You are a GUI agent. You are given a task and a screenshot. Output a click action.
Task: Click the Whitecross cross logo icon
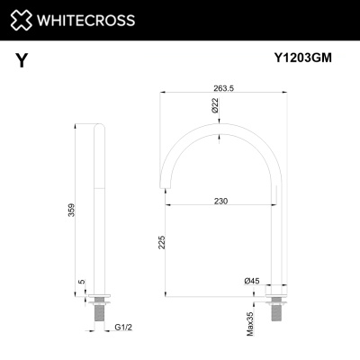click(x=27, y=19)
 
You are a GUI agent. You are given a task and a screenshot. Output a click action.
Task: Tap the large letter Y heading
click(x=21, y=60)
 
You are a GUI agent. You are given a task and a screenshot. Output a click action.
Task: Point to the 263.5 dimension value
click(x=223, y=86)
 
